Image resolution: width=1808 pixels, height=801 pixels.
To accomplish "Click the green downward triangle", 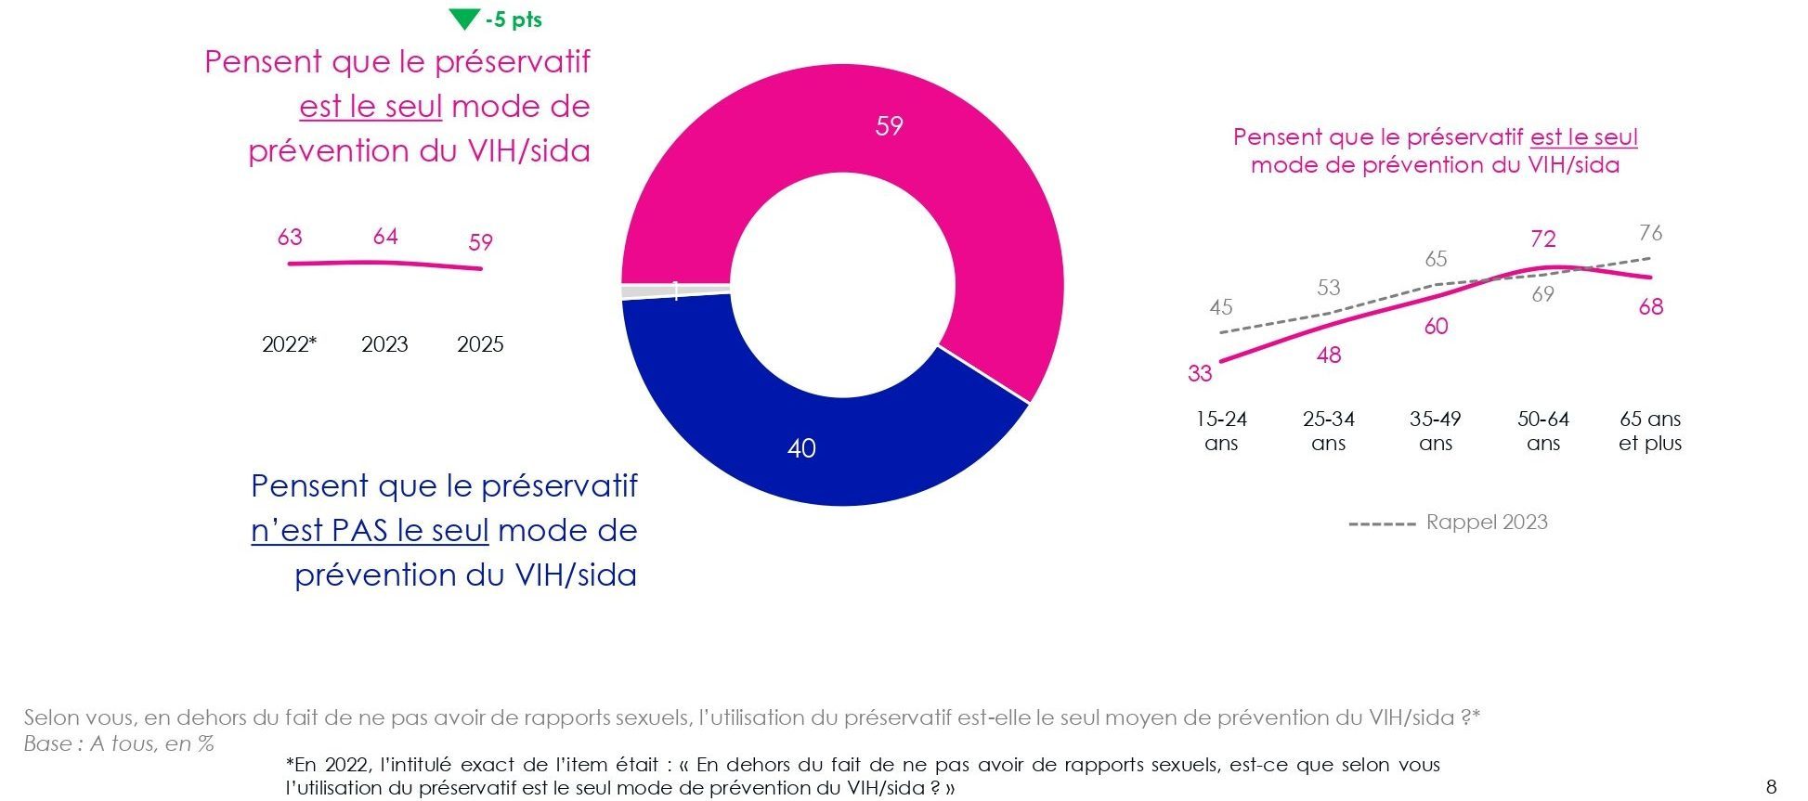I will point(463,19).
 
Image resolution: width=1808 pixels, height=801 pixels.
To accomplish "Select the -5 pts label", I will point(514,19).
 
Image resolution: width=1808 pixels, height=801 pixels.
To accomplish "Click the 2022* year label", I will point(289,344).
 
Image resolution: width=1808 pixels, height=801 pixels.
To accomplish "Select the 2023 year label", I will point(384,344).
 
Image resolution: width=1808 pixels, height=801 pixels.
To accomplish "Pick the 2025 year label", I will point(480,344).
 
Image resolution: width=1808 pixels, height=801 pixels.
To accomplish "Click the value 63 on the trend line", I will point(290,238).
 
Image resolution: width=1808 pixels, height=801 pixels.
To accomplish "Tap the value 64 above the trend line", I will point(385,237).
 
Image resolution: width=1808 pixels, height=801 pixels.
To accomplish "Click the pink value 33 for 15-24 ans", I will point(1200,373).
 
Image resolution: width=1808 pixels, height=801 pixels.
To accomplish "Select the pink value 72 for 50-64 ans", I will point(1542,239).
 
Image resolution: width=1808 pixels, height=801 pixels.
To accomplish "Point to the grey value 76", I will point(1650,232).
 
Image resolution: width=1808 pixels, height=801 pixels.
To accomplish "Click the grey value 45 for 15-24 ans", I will point(1221,307).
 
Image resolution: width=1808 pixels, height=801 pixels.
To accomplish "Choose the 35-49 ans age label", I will point(1435,431).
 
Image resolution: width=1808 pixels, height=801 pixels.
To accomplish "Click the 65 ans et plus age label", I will point(1650,431).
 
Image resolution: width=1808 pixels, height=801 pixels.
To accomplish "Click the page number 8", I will point(1771,787).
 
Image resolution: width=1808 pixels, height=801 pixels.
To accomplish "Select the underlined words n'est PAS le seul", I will point(370,531).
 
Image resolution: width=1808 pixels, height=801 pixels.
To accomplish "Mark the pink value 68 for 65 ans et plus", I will point(1650,307).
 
